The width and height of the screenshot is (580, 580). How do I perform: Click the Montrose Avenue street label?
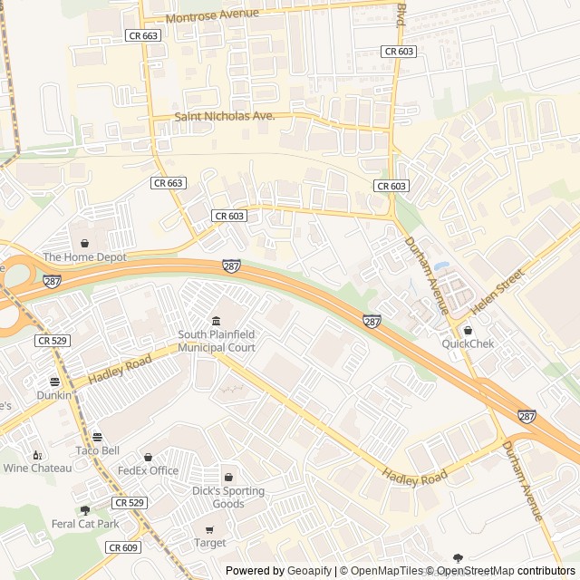(x=213, y=15)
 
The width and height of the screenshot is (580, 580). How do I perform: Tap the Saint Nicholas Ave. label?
(x=225, y=117)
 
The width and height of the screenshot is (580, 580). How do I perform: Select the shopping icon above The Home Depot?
(x=84, y=243)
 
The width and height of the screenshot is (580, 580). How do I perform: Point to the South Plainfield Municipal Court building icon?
(x=216, y=322)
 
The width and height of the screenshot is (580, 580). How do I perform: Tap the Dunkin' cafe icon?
(x=54, y=382)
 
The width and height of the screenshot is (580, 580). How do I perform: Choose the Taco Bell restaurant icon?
(x=97, y=437)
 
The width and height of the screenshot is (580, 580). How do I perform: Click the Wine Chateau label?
(x=37, y=468)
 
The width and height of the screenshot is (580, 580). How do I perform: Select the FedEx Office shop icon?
(x=149, y=457)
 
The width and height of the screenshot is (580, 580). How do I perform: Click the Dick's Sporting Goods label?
(x=228, y=498)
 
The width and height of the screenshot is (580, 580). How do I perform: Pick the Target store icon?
(x=210, y=529)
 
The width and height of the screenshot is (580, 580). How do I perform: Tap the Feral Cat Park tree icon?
(x=85, y=510)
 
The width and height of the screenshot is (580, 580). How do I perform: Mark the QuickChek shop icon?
(x=468, y=330)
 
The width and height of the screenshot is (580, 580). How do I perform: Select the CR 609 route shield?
(x=123, y=547)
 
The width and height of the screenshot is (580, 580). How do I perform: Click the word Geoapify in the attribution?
(x=310, y=571)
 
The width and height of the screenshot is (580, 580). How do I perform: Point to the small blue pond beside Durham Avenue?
(x=441, y=267)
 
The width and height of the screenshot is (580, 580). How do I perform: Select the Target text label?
(x=210, y=543)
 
